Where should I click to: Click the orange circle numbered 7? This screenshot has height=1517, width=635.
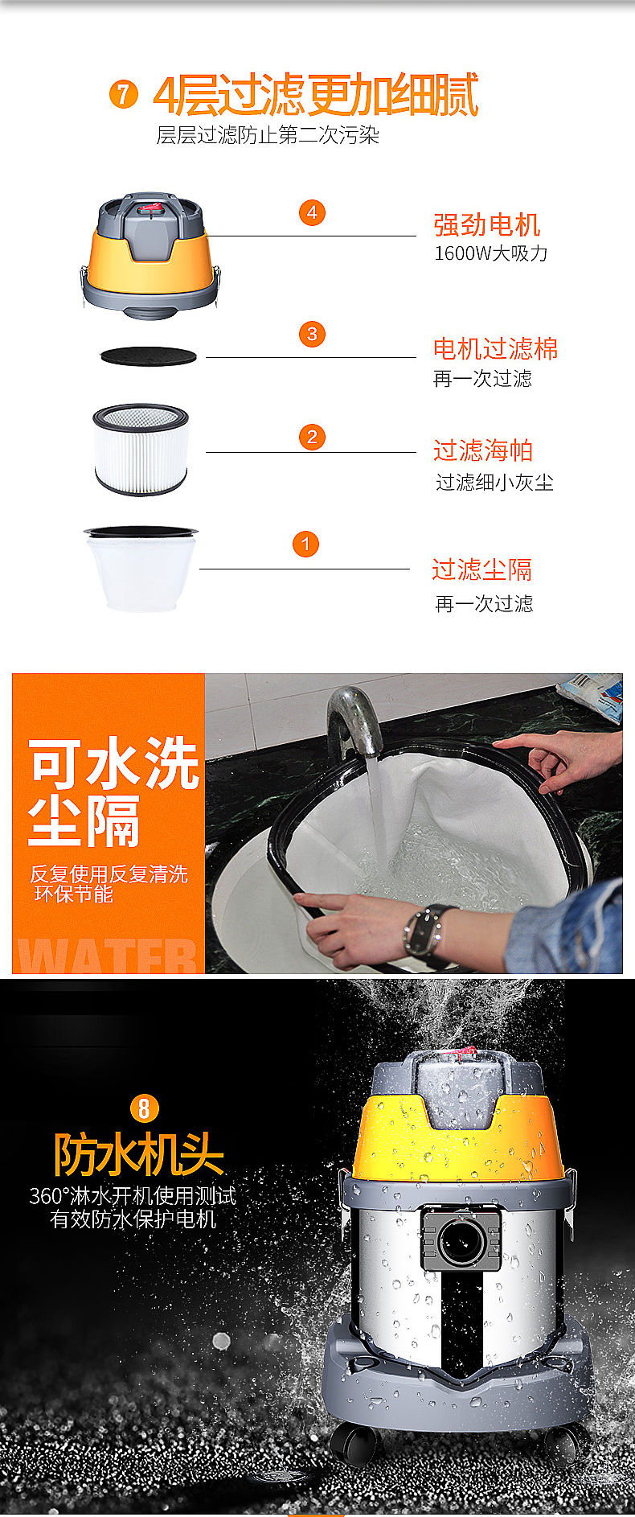(x=123, y=95)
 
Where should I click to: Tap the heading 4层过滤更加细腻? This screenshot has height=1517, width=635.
(x=316, y=96)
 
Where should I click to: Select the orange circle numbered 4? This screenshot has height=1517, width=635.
(x=312, y=213)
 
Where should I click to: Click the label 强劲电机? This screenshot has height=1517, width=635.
(x=486, y=224)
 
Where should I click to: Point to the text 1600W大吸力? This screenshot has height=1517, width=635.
(x=490, y=253)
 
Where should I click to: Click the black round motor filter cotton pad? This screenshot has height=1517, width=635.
(x=148, y=356)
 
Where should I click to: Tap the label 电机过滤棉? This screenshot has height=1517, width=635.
(x=495, y=348)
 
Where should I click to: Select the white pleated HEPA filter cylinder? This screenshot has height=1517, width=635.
(x=141, y=450)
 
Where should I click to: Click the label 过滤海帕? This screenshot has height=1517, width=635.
(x=483, y=450)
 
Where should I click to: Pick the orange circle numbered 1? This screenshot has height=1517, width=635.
(x=305, y=545)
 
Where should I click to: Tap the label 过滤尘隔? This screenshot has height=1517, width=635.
(x=481, y=569)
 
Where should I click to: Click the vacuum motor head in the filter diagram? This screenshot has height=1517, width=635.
(x=150, y=253)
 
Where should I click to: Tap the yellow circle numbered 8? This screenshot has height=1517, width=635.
(x=144, y=1109)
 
